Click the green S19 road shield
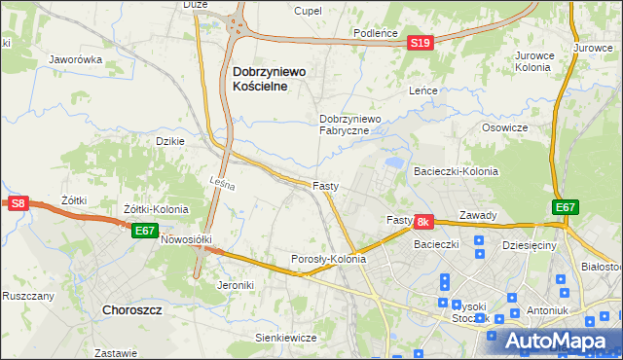420,43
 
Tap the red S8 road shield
18,203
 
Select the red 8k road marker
423,223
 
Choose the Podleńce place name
376,32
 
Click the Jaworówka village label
75,59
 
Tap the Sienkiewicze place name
286,338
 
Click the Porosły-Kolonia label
328,260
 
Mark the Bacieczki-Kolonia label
457,171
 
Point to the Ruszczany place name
26,295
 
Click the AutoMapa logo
555,341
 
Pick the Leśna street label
223,181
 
